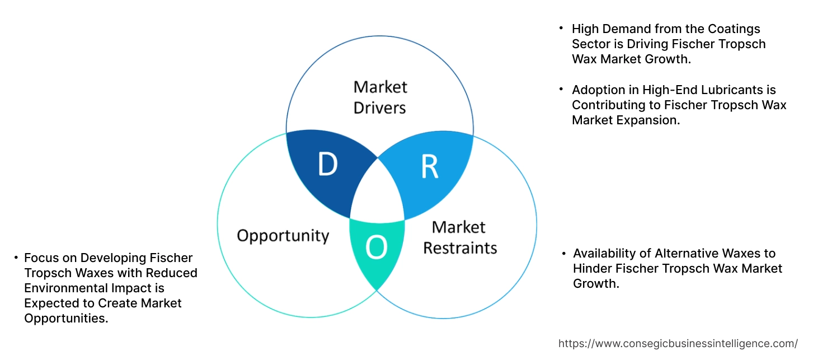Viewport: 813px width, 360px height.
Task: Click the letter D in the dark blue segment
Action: tap(327, 164)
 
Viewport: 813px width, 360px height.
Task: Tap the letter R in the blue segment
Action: tap(429, 166)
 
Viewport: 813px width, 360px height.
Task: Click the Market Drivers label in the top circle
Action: tap(380, 97)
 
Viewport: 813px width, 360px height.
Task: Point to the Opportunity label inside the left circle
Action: tap(283, 235)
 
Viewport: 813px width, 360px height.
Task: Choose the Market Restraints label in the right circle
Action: tap(459, 237)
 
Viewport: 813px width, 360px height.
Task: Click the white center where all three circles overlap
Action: tap(378, 193)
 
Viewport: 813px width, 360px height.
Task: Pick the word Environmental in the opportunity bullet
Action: tap(61, 288)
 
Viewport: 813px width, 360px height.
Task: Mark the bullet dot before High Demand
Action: tap(561, 28)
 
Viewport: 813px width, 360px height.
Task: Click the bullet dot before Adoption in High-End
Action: tap(561, 89)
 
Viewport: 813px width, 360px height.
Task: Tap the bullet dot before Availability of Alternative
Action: tap(564, 254)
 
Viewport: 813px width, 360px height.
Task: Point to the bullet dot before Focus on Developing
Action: tap(16, 258)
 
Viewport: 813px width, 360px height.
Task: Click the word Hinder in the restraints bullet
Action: tap(593, 269)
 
